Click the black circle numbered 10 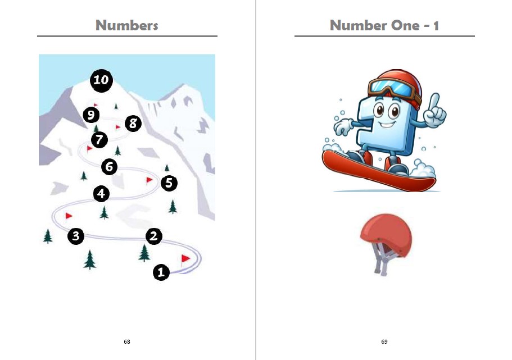pos(101,80)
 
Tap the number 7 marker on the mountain pos(99,140)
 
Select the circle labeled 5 pos(169,183)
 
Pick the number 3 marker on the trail pos(76,236)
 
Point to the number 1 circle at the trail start pos(161,272)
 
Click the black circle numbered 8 pos(133,124)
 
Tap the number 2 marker pos(154,236)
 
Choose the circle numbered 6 pos(110,167)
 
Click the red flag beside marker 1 pos(185,260)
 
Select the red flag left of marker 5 pos(149,180)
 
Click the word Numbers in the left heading pos(127,25)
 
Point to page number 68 pos(127,341)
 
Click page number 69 pos(384,341)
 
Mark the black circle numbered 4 pos(101,194)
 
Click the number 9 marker pos(91,115)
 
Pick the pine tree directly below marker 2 pos(144,253)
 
